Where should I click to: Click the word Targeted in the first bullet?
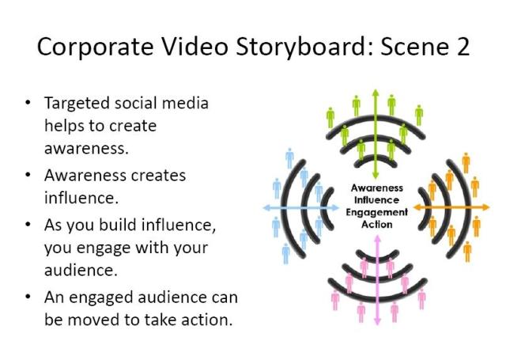click(x=73, y=104)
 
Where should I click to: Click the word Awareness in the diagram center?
click(x=377, y=188)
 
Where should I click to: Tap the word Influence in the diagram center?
click(x=377, y=200)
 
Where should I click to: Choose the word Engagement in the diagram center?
click(x=377, y=212)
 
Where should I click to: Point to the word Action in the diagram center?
click(x=377, y=224)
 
